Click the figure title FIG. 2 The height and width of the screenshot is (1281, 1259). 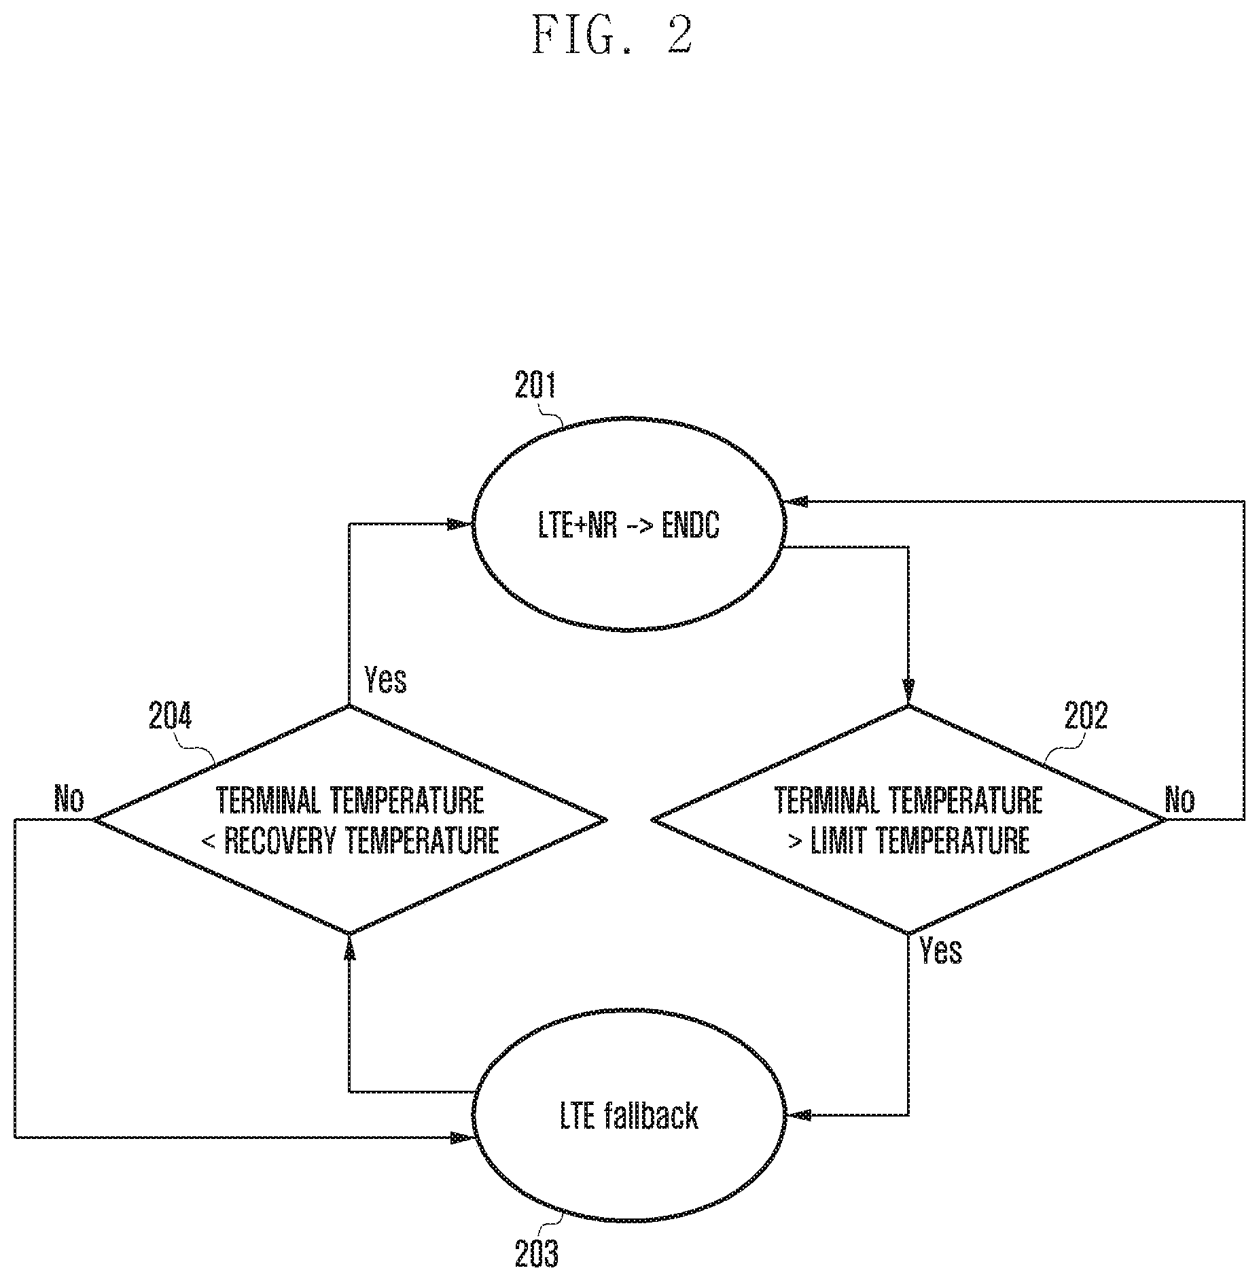click(612, 35)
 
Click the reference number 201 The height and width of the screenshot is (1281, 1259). click(535, 385)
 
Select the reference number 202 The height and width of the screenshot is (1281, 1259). click(1086, 716)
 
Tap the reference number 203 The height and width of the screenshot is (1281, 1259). click(537, 1254)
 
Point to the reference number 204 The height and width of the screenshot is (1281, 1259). click(171, 716)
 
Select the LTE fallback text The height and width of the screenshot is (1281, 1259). click(629, 1116)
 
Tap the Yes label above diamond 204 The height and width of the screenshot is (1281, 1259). click(385, 680)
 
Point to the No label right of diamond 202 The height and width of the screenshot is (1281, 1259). click(1180, 800)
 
